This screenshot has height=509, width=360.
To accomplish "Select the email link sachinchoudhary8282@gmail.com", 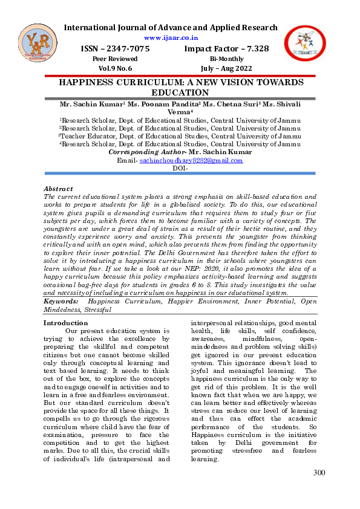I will [x=191, y=161].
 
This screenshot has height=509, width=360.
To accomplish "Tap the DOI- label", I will [x=180, y=169].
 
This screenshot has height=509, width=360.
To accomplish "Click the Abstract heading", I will [x=59, y=189].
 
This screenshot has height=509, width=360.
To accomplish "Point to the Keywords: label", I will [x=62, y=300].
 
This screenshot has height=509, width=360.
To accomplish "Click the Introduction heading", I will [x=66, y=323].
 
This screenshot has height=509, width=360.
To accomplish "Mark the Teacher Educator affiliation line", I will [x=180, y=136].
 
